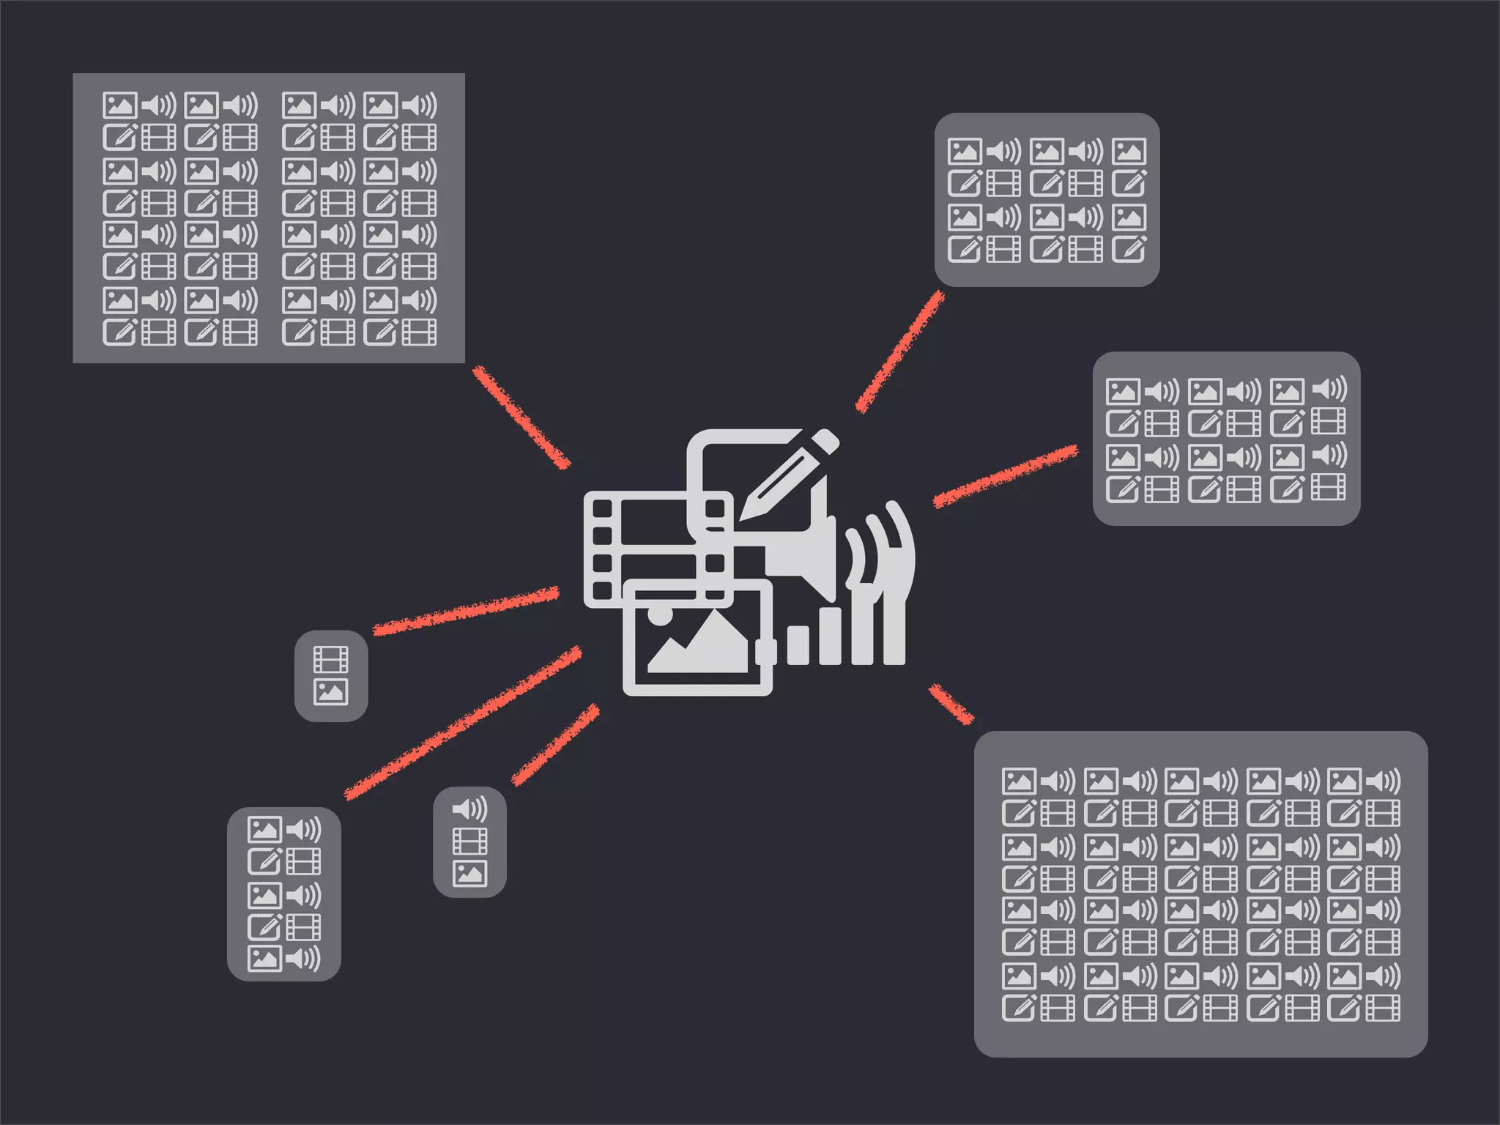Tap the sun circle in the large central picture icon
660,613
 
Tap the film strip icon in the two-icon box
330,659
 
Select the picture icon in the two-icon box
330,692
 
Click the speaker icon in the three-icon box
469,809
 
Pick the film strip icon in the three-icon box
469,842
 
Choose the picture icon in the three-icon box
469,874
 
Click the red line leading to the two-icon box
466,610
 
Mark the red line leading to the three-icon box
555,745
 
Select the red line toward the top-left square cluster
521,417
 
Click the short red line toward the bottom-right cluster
951,704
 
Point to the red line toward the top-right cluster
900,352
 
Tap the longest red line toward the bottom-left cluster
463,723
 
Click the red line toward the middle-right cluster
1006,476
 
